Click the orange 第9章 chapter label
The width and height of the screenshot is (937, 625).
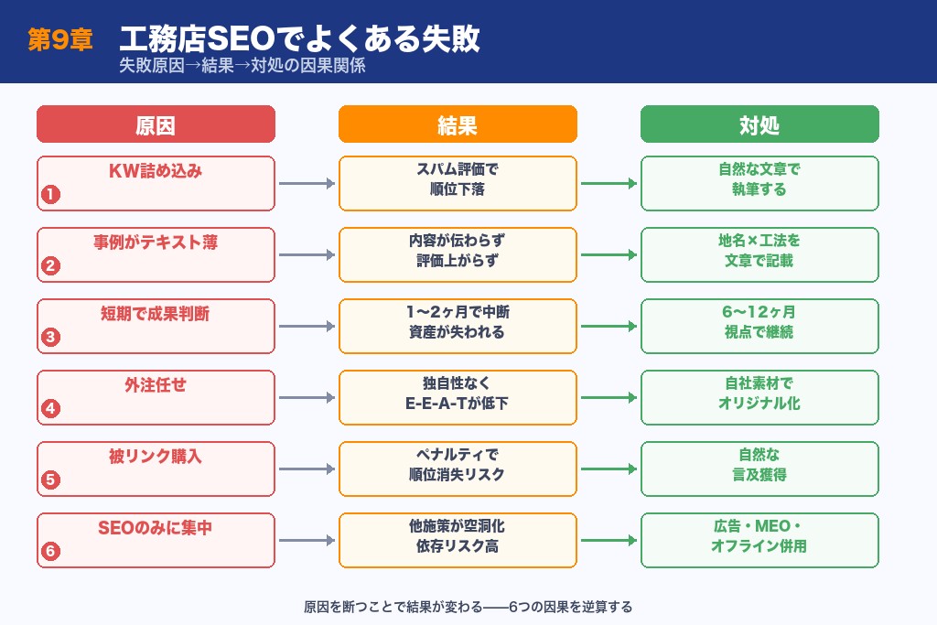pyautogui.click(x=60, y=41)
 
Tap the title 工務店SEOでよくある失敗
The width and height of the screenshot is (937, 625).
pyautogui.click(x=299, y=39)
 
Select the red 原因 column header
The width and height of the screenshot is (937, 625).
pyautogui.click(x=156, y=124)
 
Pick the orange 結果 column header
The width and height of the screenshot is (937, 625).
pyautogui.click(x=458, y=124)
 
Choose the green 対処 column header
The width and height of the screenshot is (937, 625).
pyautogui.click(x=759, y=124)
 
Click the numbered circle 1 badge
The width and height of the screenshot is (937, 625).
pyautogui.click(x=51, y=194)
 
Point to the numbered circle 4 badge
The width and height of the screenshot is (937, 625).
pyautogui.click(x=51, y=408)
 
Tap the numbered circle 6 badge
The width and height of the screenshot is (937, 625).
pyautogui.click(x=51, y=551)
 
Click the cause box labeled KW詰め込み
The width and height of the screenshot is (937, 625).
pyautogui.click(x=156, y=183)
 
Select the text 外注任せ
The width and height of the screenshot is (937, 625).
pyautogui.click(x=156, y=385)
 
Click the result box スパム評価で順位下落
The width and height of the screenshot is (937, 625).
pyautogui.click(x=458, y=183)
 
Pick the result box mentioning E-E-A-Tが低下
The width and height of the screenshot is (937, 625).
pyautogui.click(x=458, y=397)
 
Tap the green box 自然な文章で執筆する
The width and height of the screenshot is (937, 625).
pyautogui.click(x=759, y=183)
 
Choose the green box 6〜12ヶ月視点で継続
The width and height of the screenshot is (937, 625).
pyautogui.click(x=759, y=326)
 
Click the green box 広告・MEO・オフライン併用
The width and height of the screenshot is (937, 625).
pyautogui.click(x=759, y=540)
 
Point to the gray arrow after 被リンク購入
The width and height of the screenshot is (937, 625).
pyautogui.click(x=307, y=469)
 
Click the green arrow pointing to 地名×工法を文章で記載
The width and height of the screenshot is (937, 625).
pyautogui.click(x=609, y=255)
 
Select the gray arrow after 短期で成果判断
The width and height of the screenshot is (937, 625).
pyautogui.click(x=307, y=327)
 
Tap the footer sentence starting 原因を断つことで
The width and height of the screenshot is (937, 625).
pyautogui.click(x=468, y=607)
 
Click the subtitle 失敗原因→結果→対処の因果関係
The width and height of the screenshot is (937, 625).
pyautogui.click(x=242, y=67)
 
